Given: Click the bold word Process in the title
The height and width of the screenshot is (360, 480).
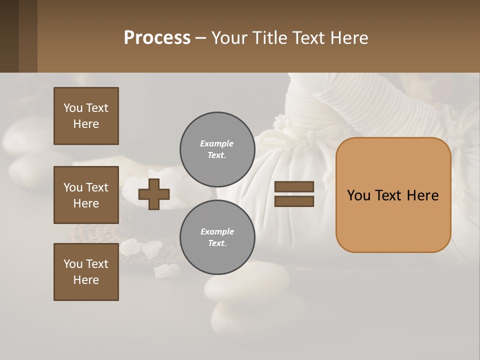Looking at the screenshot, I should click(x=157, y=38).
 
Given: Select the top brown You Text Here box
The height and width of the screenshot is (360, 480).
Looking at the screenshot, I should click(x=86, y=116).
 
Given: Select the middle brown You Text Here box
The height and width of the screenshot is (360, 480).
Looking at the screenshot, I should click(x=86, y=195).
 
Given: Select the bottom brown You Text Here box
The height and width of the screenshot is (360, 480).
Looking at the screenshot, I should click(x=86, y=272).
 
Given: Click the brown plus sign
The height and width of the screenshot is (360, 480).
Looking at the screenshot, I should click(x=154, y=194).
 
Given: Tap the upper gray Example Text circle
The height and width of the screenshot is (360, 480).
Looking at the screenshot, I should click(x=217, y=149).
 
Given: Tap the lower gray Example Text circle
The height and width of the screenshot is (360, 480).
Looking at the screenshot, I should click(x=217, y=237).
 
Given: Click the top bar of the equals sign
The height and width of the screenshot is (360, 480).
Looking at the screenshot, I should click(x=294, y=187).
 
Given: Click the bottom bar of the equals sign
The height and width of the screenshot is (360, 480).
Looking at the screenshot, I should click(x=294, y=201).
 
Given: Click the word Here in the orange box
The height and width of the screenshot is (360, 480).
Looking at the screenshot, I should click(x=422, y=195).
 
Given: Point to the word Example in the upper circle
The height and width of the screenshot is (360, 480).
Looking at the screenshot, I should click(x=216, y=143).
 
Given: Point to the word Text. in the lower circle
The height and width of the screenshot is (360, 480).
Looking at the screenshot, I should click(x=217, y=243).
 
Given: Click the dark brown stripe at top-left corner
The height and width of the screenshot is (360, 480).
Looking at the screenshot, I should click(x=9, y=36).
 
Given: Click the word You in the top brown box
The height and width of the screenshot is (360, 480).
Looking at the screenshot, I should click(x=73, y=108).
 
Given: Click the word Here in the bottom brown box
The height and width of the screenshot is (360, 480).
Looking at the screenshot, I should click(x=86, y=280).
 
